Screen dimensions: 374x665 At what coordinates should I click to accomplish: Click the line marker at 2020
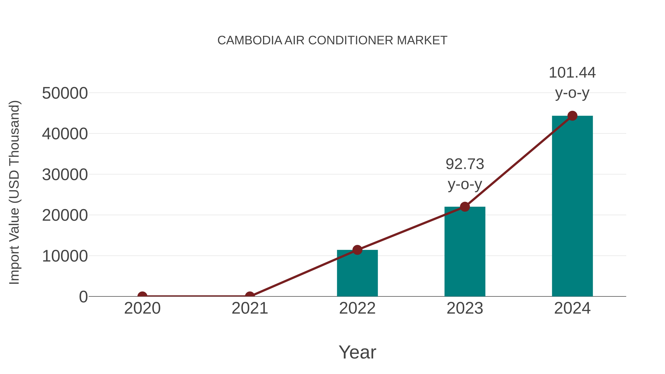(142, 296)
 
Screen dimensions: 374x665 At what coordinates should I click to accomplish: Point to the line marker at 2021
(250, 296)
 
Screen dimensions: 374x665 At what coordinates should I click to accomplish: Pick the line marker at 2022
(357, 250)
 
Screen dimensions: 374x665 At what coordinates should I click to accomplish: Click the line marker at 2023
(465, 207)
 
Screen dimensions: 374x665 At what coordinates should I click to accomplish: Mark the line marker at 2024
(572, 116)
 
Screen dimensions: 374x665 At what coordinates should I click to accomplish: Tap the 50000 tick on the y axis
(65, 93)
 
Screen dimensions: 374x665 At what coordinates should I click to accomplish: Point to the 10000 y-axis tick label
(65, 256)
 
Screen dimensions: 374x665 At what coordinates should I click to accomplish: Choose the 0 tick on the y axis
(83, 297)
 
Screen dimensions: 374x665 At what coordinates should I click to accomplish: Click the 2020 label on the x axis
(142, 308)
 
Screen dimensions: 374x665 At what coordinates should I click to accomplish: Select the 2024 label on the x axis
(572, 308)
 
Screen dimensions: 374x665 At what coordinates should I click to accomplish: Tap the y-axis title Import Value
(14, 192)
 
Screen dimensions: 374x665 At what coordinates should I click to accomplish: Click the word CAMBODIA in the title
(250, 40)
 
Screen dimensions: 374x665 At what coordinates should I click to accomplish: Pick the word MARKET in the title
(422, 40)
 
